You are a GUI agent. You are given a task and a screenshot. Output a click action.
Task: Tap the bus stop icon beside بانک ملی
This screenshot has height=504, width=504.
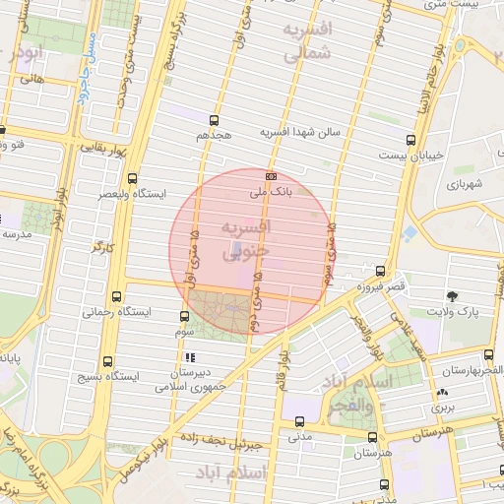(272, 177)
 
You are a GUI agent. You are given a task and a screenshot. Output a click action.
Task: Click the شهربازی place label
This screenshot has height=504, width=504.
(465, 183)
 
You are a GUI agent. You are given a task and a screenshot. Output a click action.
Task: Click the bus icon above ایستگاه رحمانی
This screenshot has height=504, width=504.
(118, 296)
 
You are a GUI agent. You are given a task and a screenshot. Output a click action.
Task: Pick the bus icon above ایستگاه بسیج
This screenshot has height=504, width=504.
(106, 361)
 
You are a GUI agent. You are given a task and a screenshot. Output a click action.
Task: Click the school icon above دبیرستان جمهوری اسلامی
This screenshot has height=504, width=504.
(190, 357)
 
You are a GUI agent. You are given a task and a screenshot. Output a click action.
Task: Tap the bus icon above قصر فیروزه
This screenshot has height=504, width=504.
(381, 271)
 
